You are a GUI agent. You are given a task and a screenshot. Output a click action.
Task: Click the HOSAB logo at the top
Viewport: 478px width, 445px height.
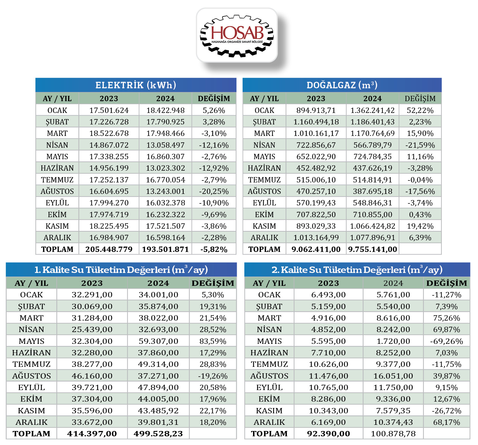point(237,36)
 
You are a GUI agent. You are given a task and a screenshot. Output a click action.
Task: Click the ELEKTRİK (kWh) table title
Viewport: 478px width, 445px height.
point(136,85)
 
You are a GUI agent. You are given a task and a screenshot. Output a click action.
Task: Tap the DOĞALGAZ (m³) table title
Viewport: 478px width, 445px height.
point(342,85)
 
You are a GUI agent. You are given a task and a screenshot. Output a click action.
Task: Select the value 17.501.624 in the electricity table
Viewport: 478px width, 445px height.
point(109,110)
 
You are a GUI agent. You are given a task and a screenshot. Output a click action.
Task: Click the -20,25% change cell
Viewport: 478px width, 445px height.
point(214,191)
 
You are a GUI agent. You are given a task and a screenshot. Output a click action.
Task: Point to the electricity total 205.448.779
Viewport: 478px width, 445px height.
point(109,249)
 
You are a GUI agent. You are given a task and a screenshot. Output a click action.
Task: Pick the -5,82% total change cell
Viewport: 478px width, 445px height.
point(214,249)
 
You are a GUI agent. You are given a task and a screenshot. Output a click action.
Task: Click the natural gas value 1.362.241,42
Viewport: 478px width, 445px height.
point(373,110)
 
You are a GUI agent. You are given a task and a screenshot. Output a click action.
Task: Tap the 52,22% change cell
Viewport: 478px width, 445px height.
point(420,110)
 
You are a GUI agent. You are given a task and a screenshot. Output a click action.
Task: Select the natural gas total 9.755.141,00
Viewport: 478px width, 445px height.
point(373,249)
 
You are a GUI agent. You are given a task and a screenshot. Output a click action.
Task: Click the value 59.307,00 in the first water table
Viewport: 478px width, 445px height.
point(158,341)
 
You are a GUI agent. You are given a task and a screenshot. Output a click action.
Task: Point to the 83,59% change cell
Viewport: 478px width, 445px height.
point(213,341)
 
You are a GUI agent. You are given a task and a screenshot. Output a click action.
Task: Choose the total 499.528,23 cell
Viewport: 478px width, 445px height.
point(158,434)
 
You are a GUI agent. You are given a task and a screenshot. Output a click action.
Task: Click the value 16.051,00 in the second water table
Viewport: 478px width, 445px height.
point(393,376)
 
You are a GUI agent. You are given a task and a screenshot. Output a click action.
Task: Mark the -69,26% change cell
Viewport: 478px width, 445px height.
point(447,341)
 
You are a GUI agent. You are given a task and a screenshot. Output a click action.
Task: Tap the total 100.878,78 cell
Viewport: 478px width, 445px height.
point(393,434)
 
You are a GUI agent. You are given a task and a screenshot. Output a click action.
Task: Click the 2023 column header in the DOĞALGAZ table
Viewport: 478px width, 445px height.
point(316,99)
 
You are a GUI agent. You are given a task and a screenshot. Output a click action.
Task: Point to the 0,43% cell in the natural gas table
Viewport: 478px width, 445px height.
point(420,215)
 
